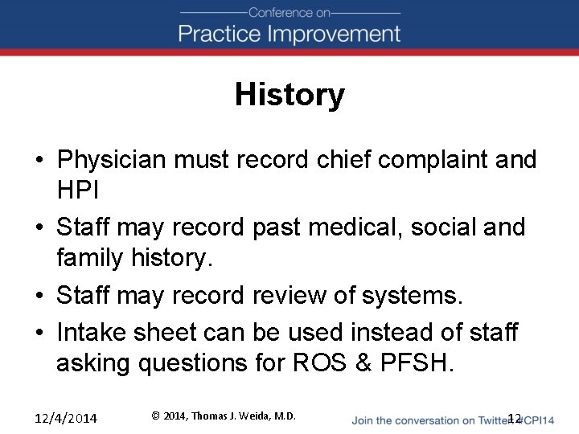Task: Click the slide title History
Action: (x=289, y=95)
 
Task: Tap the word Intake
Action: (x=93, y=331)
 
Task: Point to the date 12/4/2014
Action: (x=65, y=418)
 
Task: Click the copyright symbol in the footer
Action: (x=155, y=416)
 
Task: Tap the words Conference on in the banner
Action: (x=289, y=12)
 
